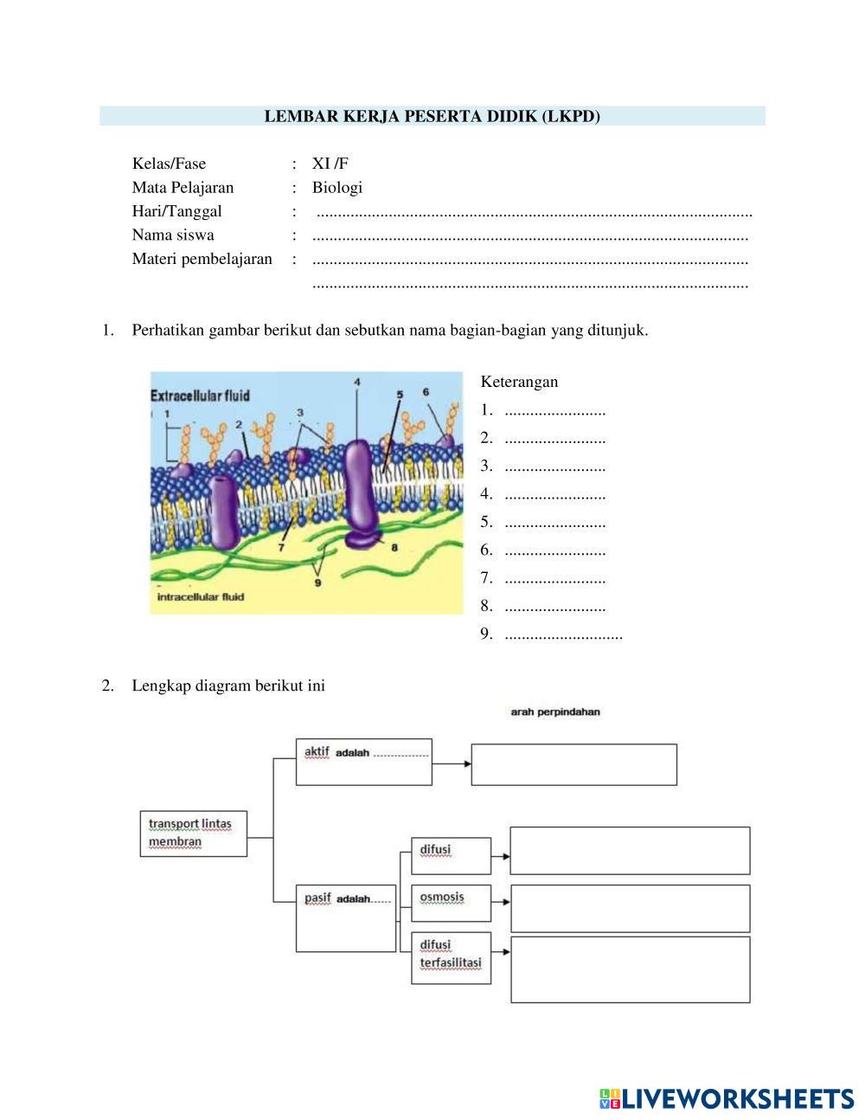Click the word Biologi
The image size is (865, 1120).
[x=337, y=188]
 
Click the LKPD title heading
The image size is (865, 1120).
[x=432, y=116]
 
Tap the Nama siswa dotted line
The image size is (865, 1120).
[x=529, y=236]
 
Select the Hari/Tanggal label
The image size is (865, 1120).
[x=176, y=211]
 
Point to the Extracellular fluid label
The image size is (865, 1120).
[x=201, y=396]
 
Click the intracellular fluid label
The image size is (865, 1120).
[x=201, y=596]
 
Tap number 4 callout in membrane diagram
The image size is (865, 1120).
[x=357, y=382]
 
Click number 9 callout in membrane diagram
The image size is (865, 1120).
[x=317, y=583]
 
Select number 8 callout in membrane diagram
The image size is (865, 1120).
[x=394, y=548]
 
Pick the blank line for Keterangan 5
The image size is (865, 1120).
[x=554, y=523]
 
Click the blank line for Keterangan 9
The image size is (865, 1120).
[x=562, y=634]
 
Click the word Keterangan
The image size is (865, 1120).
[x=519, y=382]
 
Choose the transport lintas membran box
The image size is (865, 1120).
[x=193, y=834]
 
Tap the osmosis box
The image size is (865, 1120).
[x=451, y=902]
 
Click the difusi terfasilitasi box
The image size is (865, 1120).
[x=451, y=957]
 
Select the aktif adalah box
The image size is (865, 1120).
[x=363, y=762]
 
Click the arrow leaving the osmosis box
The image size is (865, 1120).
[x=501, y=903]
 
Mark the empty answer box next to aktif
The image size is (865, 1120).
[x=573, y=764]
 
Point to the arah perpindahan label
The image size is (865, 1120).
[x=555, y=712]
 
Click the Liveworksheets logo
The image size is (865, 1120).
[x=726, y=1098]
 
